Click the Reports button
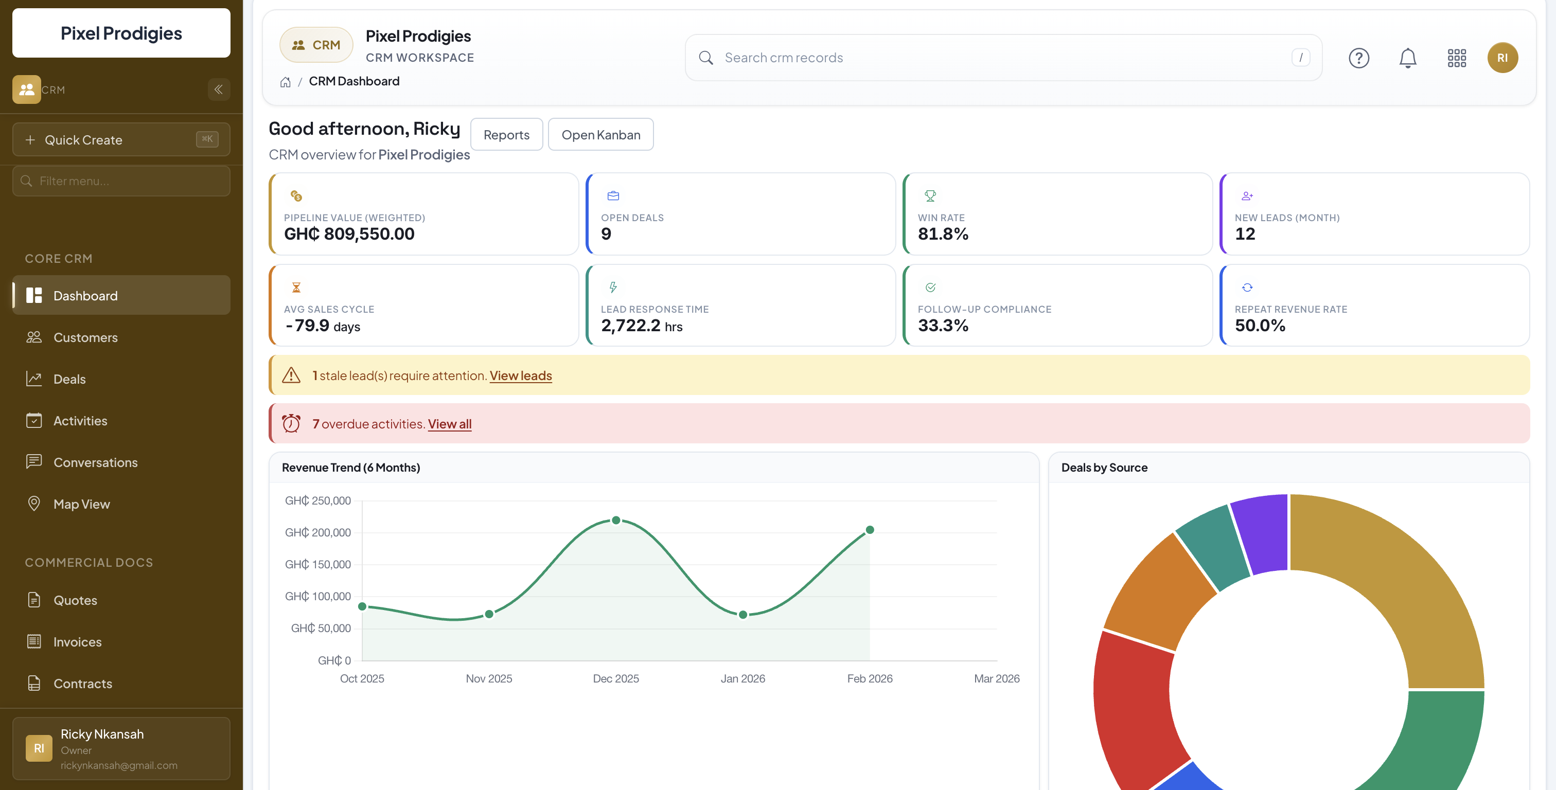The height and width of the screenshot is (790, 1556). [x=506, y=135]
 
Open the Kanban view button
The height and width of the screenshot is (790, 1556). [x=600, y=135]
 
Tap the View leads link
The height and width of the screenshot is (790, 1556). [x=520, y=375]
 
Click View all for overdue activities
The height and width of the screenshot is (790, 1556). [x=449, y=424]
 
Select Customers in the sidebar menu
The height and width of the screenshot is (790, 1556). [x=85, y=337]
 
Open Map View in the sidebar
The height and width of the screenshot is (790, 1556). [x=81, y=505]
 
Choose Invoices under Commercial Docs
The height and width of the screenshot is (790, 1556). [x=77, y=642]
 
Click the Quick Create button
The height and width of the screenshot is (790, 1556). [x=121, y=139]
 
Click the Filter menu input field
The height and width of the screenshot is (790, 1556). [x=121, y=181]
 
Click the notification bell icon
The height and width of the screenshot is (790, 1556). [x=1407, y=58]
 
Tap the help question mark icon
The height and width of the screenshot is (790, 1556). [x=1358, y=58]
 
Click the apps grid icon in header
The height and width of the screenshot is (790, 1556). [x=1456, y=58]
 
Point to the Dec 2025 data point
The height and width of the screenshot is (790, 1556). [x=615, y=520]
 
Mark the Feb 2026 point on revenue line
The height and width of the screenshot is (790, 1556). [x=870, y=530]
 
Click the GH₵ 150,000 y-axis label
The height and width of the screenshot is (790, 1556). [x=317, y=565]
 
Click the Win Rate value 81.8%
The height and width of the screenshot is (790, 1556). [x=942, y=234]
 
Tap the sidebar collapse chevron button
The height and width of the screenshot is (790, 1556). [x=219, y=89]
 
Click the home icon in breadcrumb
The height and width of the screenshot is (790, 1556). [x=285, y=82]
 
